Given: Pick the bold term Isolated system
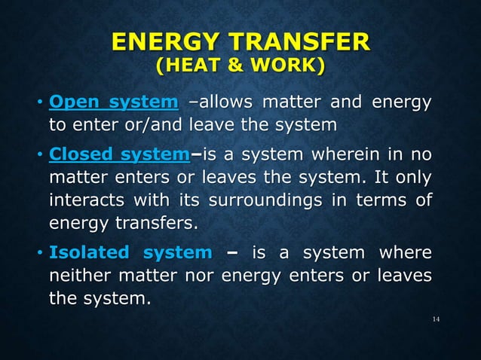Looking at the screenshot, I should point(130,252).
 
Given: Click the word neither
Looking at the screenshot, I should point(80,276).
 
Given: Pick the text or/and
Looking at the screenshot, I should point(142,124).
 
